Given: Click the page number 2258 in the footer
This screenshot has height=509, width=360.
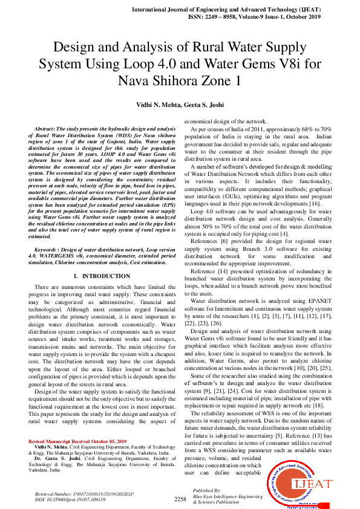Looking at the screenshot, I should coord(180,499).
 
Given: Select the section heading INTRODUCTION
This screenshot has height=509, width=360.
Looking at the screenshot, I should coord(105,276).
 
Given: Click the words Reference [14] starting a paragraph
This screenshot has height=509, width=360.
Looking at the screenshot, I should coord(209,272).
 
